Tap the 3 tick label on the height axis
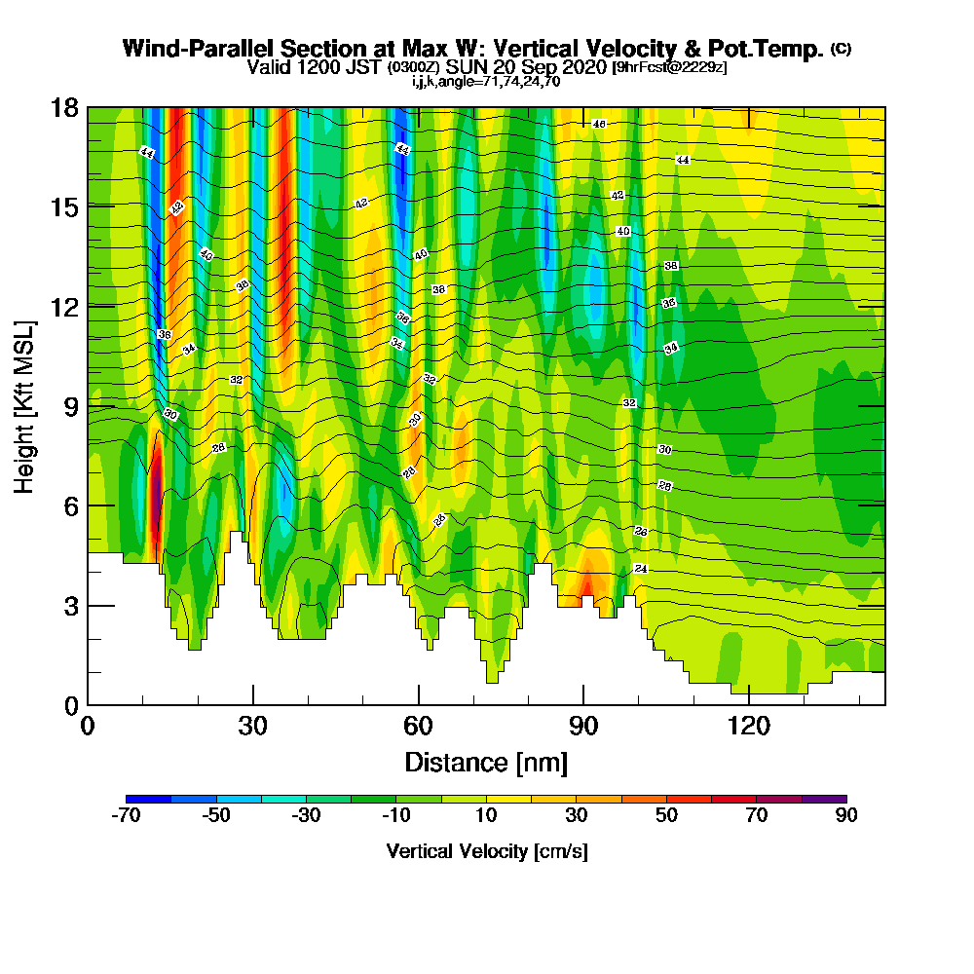[x=69, y=605]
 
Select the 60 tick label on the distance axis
[x=418, y=726]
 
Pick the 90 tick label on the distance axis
[x=583, y=726]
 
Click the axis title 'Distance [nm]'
[x=486, y=761]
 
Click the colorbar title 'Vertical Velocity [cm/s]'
[x=486, y=851]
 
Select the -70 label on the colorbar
[x=127, y=816]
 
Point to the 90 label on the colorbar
[x=846, y=816]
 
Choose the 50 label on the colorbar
[x=666, y=816]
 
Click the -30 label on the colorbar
[x=306, y=816]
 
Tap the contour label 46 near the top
[x=599, y=124]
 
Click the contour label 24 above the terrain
[x=640, y=568]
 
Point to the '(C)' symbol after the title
[x=841, y=49]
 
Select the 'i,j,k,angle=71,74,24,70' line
[x=486, y=82]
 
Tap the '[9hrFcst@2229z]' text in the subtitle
[x=668, y=67]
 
